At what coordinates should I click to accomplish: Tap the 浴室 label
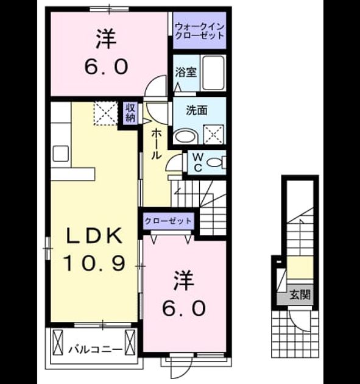(186, 73)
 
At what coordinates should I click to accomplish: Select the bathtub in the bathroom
(214, 73)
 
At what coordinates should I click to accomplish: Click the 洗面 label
(197, 110)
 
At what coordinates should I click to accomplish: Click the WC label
(198, 162)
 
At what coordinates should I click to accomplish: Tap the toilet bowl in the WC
(214, 163)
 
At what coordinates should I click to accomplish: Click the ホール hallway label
(157, 144)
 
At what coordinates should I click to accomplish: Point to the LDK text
(94, 236)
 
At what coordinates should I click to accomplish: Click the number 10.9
(94, 263)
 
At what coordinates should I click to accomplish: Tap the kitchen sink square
(61, 154)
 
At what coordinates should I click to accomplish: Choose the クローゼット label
(168, 221)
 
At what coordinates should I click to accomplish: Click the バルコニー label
(95, 350)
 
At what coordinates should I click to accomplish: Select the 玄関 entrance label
(300, 294)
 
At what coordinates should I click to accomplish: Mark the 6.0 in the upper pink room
(106, 67)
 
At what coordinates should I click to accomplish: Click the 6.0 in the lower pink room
(184, 308)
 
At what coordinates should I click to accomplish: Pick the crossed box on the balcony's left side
(58, 343)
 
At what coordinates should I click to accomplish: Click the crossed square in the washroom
(214, 134)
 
